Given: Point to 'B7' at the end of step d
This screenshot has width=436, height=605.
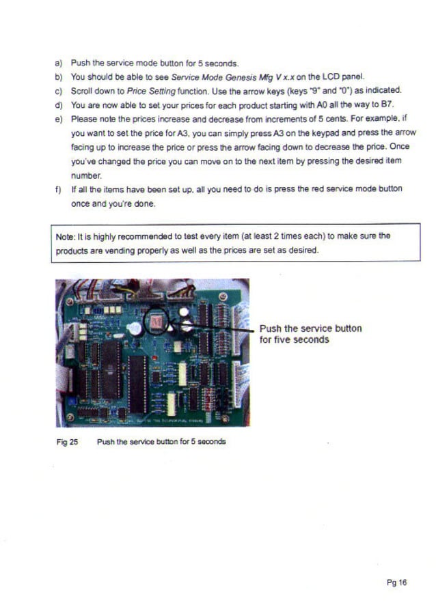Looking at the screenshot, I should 388,104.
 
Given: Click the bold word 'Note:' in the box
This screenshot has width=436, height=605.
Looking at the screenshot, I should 66,236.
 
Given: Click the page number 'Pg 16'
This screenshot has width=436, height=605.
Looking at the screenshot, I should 396,582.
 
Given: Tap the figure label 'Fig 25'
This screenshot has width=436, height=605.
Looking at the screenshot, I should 67,442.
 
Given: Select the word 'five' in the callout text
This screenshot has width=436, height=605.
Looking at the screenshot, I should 280,339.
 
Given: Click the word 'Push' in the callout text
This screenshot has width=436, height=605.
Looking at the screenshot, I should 271,328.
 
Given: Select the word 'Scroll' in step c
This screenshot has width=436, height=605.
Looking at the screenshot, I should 82,91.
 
